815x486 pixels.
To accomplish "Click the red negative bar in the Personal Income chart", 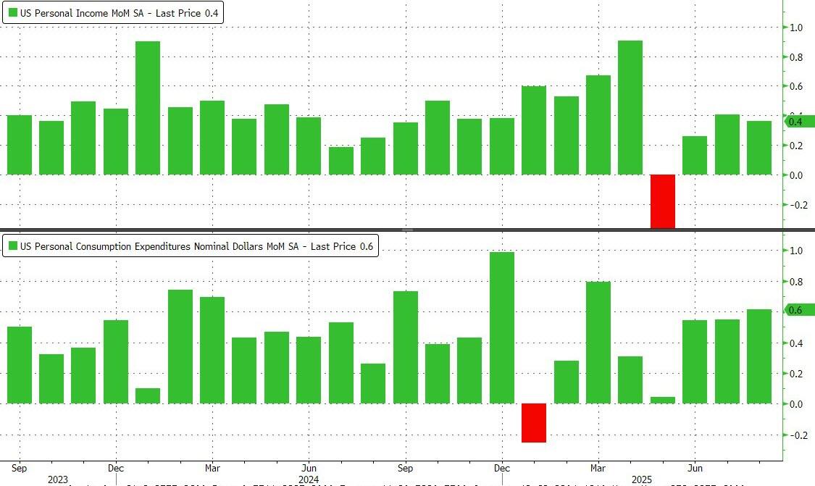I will (662, 201).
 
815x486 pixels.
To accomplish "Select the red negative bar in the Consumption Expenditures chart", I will (534, 422).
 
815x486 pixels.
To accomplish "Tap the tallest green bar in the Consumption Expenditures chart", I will (502, 327).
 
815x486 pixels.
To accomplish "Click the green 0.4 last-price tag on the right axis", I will (799, 121).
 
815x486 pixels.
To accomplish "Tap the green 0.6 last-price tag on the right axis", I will (799, 310).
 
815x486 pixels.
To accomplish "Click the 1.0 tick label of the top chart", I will (795, 28).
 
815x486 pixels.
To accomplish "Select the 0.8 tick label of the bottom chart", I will (795, 282).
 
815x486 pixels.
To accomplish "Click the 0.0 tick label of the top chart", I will (795, 175).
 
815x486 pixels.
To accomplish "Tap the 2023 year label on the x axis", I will (58, 479).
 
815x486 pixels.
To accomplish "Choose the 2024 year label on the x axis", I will (309, 479).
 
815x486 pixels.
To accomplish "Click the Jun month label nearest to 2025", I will (695, 467).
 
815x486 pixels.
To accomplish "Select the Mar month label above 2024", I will (212, 467).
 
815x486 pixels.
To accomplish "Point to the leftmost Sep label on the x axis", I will (20, 467).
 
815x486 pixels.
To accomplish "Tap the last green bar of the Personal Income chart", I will (758, 148).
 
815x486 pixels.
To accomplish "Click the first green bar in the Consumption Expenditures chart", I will (20, 365).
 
